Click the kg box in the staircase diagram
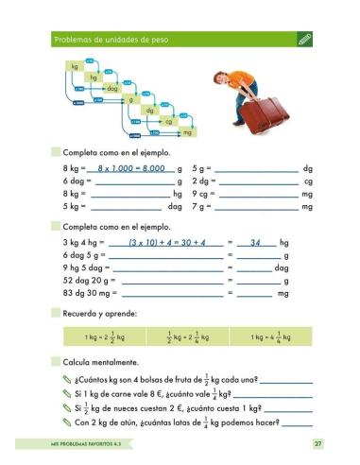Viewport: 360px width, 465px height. pos(75,66)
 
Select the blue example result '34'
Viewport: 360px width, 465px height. pos(254,243)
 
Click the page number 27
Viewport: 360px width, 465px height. pos(318,442)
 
